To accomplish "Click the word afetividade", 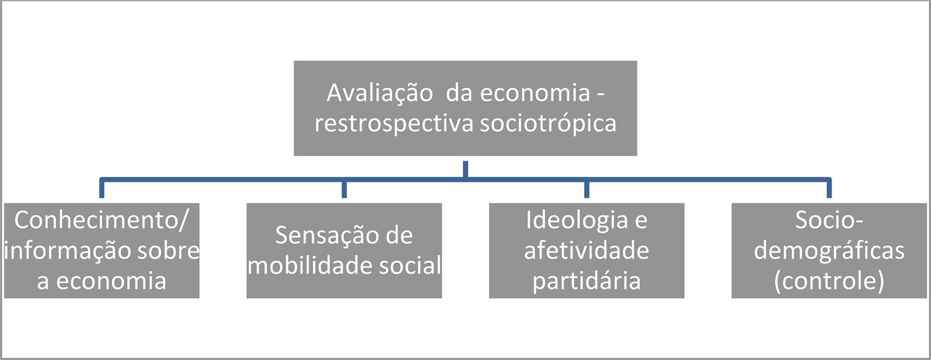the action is tap(587, 251).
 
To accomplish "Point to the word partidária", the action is tap(587, 281).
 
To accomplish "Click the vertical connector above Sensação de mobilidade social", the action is tap(344, 189).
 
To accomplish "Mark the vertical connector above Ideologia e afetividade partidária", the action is tap(587, 189).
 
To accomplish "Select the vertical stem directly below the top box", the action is tap(465, 168).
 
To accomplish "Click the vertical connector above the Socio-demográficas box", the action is tap(829, 189).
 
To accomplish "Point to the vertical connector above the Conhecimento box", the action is tap(101, 189).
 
